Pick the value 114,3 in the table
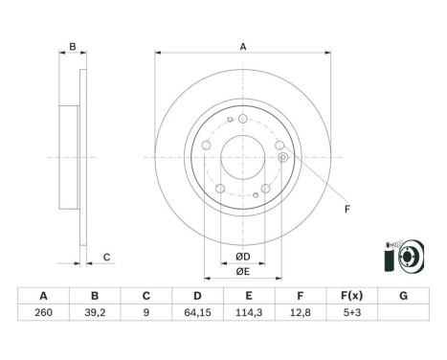tap(250, 311)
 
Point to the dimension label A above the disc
tap(243, 48)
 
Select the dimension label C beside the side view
tap(107, 257)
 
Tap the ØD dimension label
tap(243, 257)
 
